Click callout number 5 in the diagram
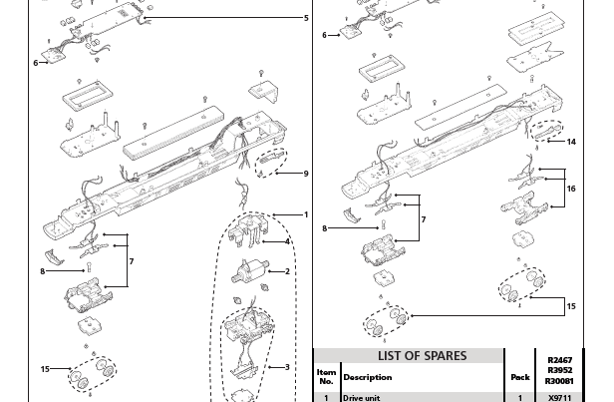tap(306, 18)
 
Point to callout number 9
tap(306, 174)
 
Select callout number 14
tap(571, 142)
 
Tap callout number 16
tap(571, 187)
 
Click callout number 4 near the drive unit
tap(288, 241)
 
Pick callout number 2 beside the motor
tap(288, 271)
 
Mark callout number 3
tap(288, 367)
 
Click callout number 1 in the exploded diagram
tap(306, 214)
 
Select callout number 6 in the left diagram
tap(35, 62)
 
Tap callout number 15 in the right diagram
tap(571, 306)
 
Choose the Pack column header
tap(518, 378)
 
